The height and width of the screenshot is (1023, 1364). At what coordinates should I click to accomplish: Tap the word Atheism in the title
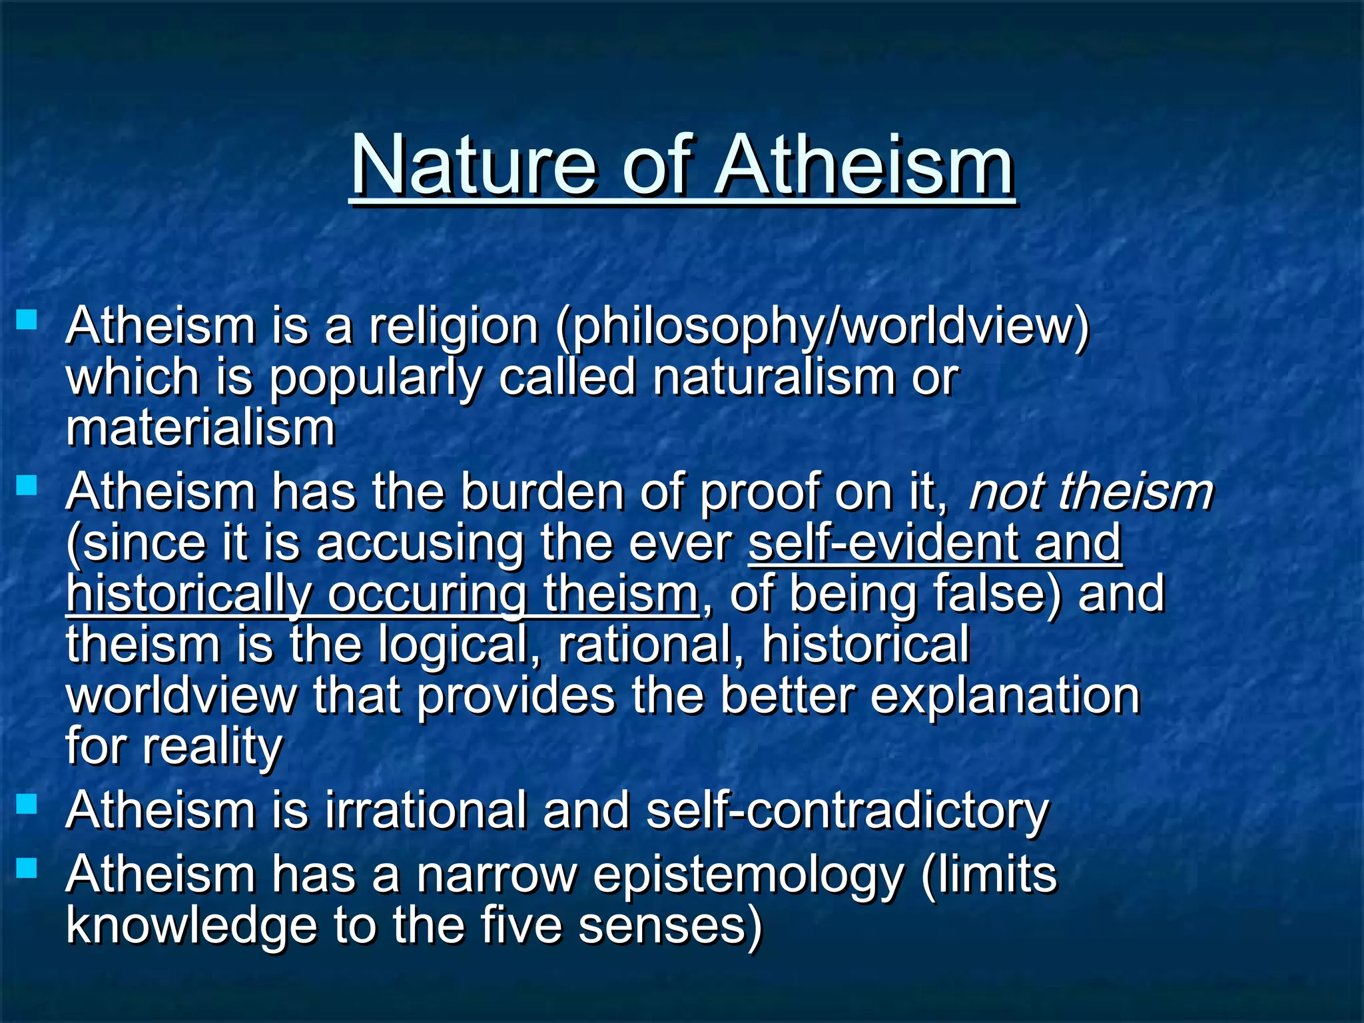864,165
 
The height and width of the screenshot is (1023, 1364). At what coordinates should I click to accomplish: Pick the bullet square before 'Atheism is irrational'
27,803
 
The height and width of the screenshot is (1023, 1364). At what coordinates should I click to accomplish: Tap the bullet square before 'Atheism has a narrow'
27,867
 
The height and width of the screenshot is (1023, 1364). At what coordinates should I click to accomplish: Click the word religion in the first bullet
454,328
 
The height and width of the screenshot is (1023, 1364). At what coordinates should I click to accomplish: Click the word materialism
200,428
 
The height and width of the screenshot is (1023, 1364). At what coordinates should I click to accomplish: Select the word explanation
1005,695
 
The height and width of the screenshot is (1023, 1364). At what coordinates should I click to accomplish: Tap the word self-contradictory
847,811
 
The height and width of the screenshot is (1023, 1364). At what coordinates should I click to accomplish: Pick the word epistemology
749,874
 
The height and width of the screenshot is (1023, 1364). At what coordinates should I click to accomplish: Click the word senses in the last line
669,926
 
